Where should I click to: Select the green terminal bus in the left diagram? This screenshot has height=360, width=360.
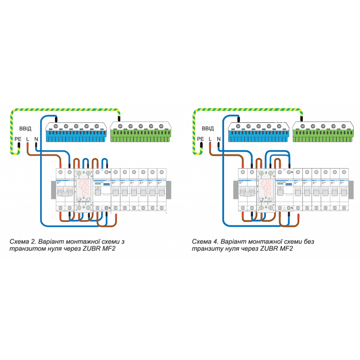(x=140, y=133)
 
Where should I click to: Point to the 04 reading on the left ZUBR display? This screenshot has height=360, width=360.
(x=84, y=193)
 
